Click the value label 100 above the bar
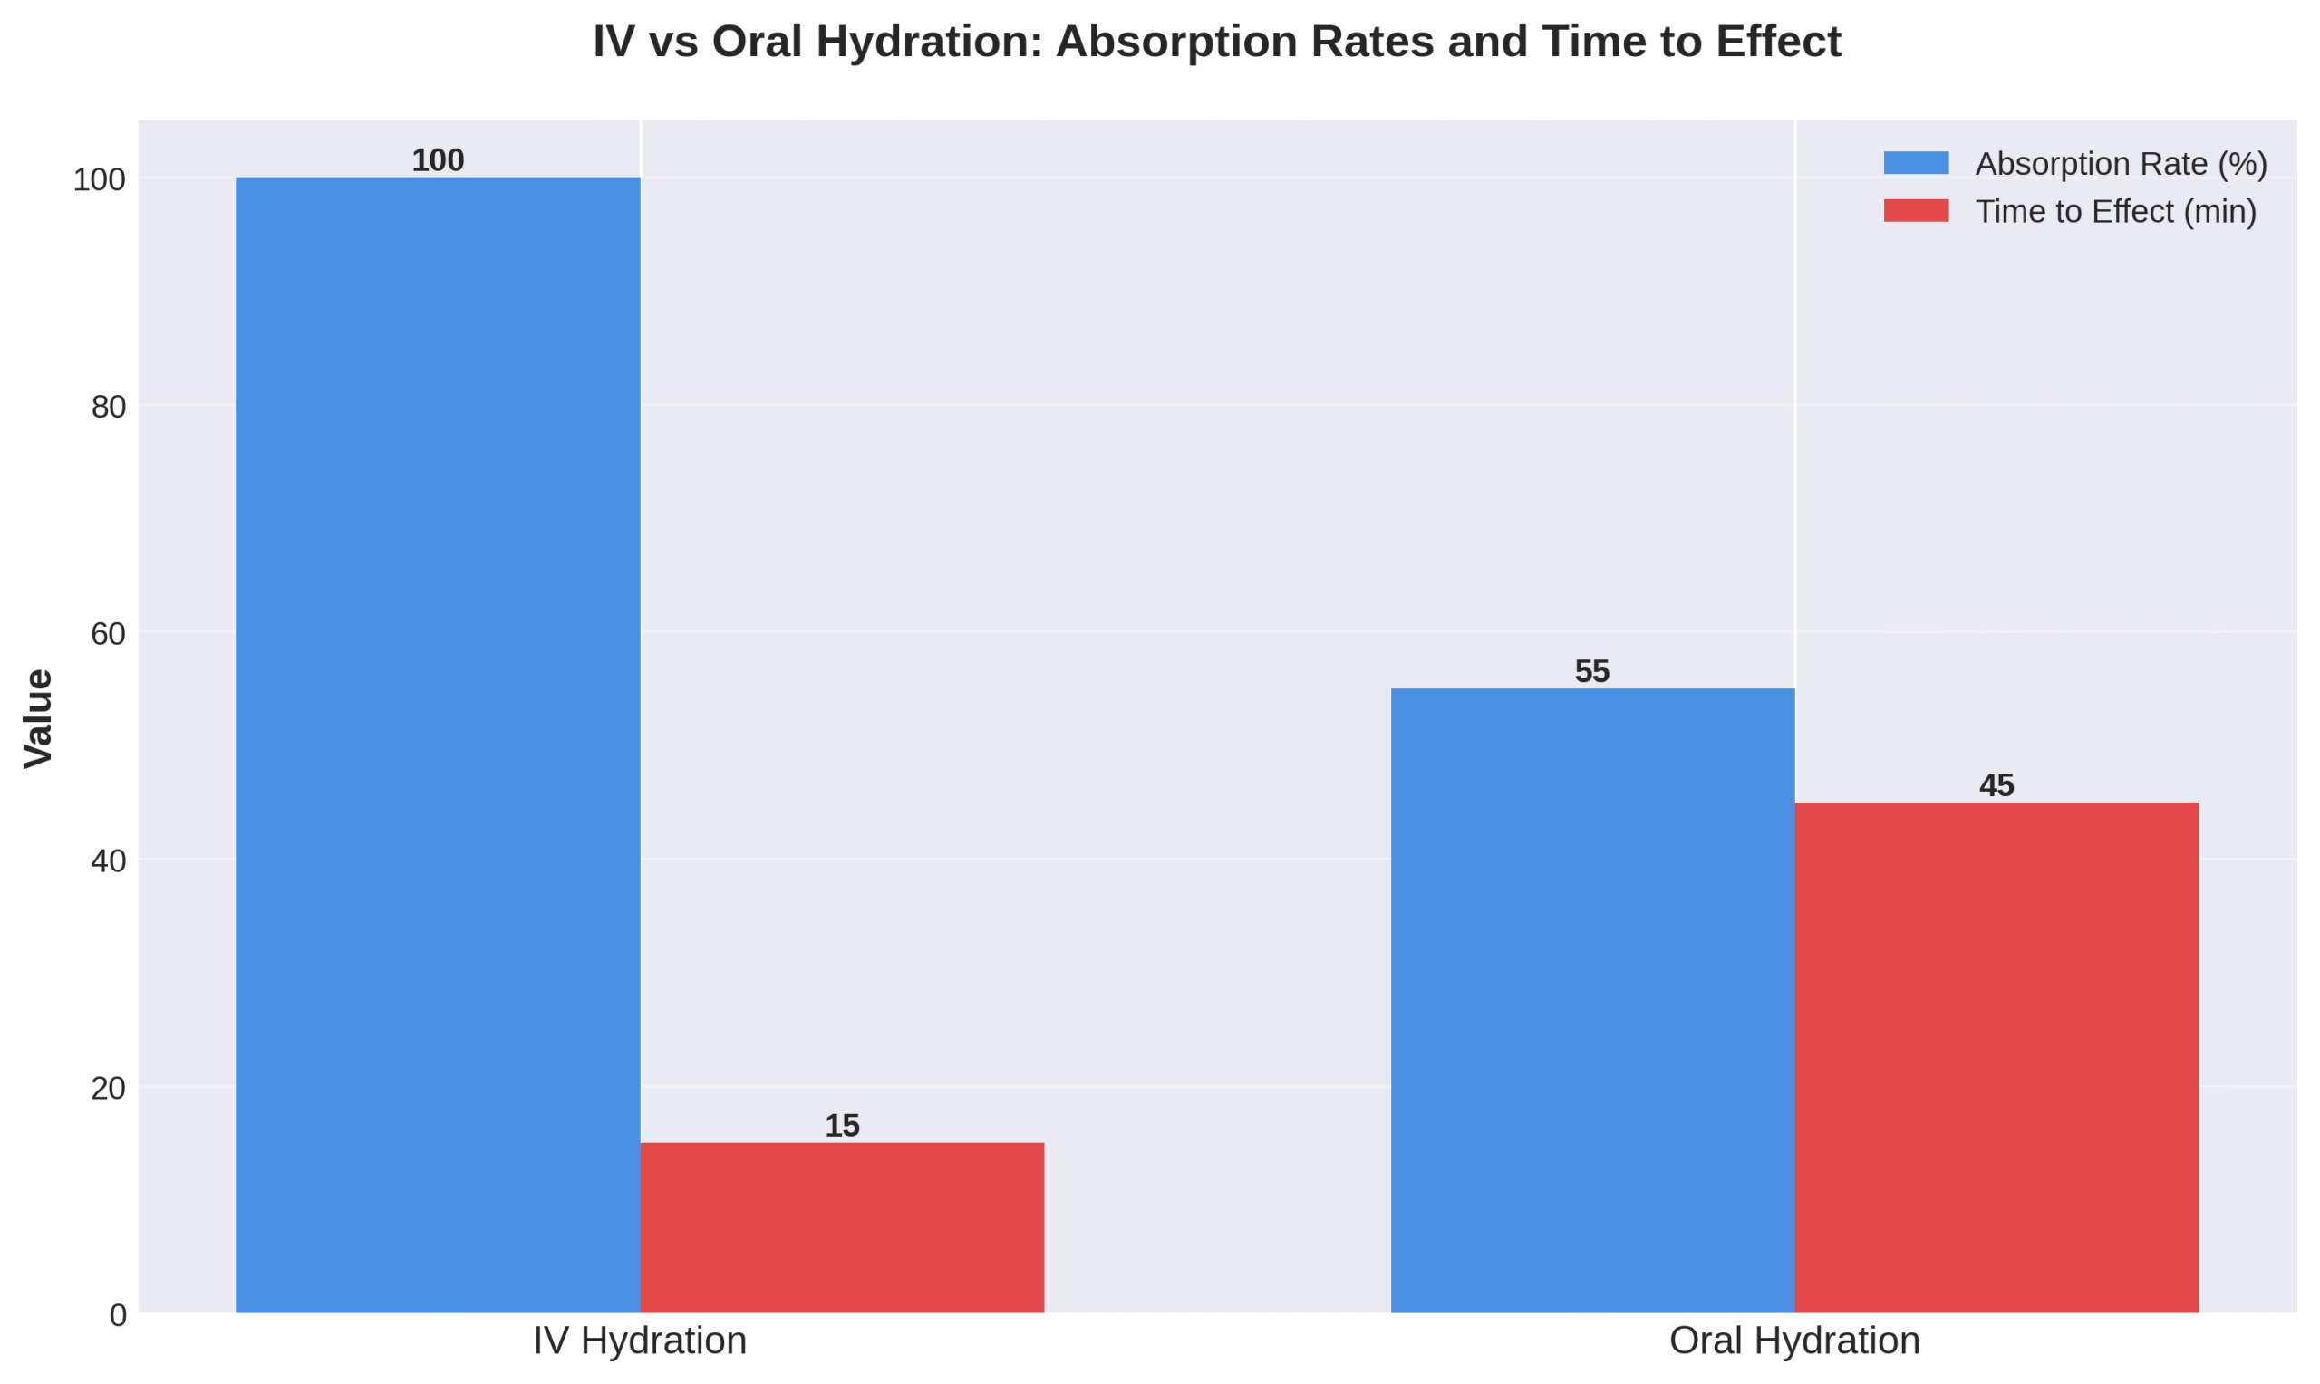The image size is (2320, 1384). pyautogui.click(x=438, y=160)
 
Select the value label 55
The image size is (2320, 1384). pyautogui.click(x=1592, y=671)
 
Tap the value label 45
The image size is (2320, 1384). pyautogui.click(x=1996, y=785)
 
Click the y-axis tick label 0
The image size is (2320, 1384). pyautogui.click(x=119, y=1315)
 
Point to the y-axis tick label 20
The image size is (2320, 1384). pyautogui.click(x=108, y=1088)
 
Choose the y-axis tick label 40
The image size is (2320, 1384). pyautogui.click(x=108, y=860)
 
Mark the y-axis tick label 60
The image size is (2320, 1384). pyautogui.click(x=108, y=633)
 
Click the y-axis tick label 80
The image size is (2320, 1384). pyautogui.click(x=108, y=407)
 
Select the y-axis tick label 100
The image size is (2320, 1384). pyautogui.click(x=99, y=179)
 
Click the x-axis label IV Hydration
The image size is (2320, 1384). pyautogui.click(x=640, y=1341)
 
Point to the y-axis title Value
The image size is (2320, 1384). pyautogui.click(x=38, y=718)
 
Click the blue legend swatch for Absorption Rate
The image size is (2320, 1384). pyautogui.click(x=1916, y=163)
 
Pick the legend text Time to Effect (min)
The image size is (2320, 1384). pyautogui.click(x=2116, y=212)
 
